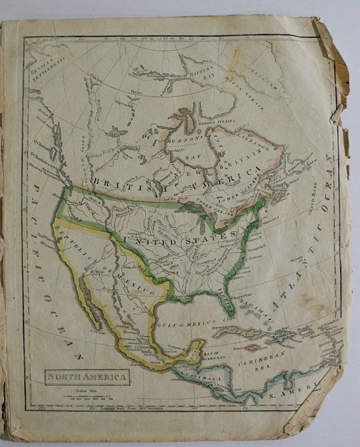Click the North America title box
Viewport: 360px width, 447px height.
point(87,376)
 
